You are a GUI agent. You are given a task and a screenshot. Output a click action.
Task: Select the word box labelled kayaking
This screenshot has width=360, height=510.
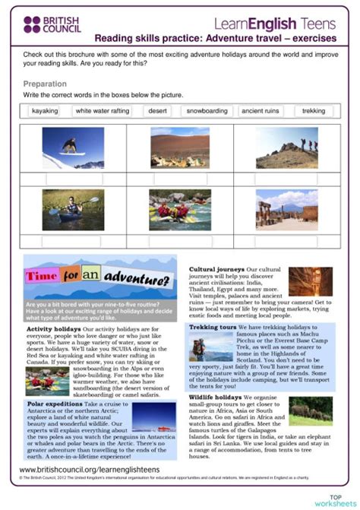point(44,111)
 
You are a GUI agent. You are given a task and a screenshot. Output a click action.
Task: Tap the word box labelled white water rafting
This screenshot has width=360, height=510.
point(103,111)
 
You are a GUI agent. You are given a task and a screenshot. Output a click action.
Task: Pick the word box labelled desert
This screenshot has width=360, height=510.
point(157,111)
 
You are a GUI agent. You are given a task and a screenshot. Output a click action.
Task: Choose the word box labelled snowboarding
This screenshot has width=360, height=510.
point(207,111)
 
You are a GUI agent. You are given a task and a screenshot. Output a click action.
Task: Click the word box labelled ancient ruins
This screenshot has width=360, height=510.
point(261,111)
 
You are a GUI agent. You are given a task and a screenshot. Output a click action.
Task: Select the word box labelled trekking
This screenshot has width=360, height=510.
point(313,111)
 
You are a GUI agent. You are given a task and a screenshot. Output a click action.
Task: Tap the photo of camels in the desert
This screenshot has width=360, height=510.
point(179,147)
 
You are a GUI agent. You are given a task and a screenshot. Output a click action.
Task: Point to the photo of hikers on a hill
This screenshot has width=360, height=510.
point(286,147)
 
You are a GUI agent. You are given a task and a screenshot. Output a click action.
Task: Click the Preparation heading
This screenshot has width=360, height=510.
point(44,84)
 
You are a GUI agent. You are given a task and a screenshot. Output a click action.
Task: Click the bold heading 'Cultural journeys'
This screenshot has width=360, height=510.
point(216,269)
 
